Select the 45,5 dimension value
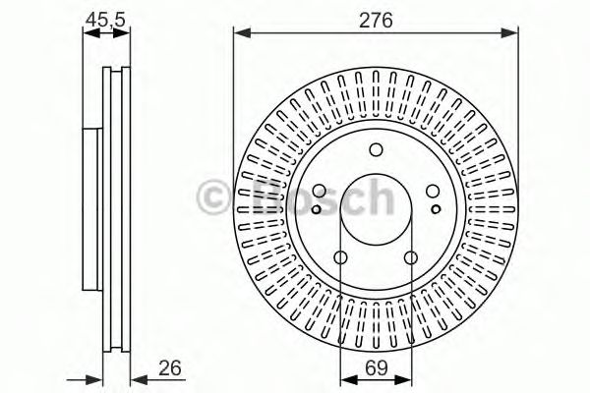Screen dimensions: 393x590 pos(104,17)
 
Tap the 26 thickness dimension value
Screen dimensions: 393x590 pos(170,369)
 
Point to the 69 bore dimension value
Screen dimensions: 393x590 pos(376,369)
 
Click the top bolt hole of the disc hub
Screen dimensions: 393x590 pos(376,150)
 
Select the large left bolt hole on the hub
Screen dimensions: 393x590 pos(319,193)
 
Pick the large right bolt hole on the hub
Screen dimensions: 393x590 pos(433,193)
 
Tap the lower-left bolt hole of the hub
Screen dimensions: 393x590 pos(341,258)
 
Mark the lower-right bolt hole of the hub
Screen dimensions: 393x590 pos(410,258)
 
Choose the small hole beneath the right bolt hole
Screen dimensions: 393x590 pos(437,208)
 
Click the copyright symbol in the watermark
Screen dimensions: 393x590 pos(215,196)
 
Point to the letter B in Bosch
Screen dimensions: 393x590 pos(254,196)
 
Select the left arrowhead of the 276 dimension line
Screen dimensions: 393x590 pos(239,32)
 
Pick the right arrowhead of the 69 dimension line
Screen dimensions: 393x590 pos(405,379)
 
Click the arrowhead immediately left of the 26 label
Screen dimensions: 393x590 pos(136,379)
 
